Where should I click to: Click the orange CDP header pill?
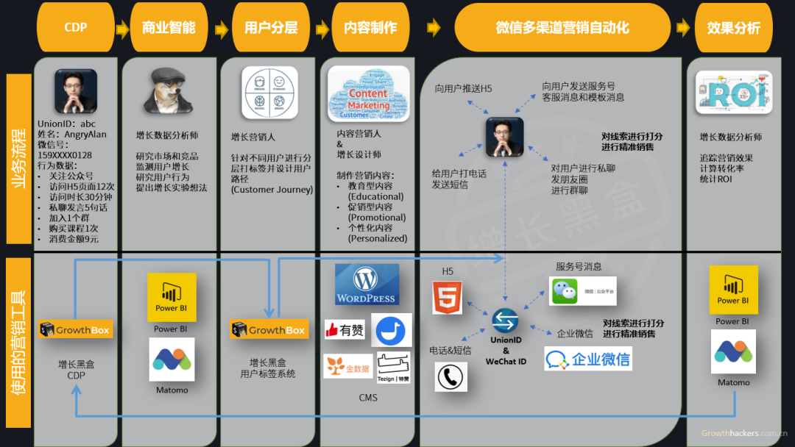point(75,28)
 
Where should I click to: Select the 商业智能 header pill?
point(169,28)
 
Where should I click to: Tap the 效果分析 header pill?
point(733,28)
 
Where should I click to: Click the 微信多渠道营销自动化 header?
point(562,28)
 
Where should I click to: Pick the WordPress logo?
point(367,285)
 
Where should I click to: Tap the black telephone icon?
point(451,377)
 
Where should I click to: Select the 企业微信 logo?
point(588,359)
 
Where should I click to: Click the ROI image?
point(733,93)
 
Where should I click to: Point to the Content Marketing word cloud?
point(368,93)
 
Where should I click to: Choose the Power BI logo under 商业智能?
point(172,297)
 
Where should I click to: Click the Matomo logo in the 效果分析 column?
point(733,351)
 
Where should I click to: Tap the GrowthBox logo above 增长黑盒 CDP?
point(74,330)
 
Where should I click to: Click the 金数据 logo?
point(347,365)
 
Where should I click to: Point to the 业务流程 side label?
point(18,158)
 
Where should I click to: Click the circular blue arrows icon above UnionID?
point(505,321)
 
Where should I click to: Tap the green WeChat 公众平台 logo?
point(582,291)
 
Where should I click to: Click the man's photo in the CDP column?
point(76,91)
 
